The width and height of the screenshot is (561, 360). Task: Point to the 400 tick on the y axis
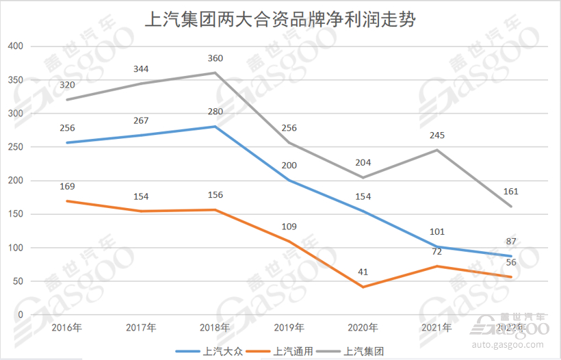coord(14,47)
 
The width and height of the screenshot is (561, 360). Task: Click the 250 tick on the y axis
coord(14,147)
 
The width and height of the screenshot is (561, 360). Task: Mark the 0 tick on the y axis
coord(20,315)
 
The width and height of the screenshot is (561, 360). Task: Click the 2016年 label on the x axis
coord(66,328)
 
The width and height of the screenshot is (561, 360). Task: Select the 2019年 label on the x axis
coord(289,328)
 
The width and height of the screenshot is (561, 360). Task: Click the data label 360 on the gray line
coord(216,58)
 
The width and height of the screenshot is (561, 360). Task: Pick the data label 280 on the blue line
coord(216,112)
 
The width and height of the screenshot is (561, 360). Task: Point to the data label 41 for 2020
coord(363,272)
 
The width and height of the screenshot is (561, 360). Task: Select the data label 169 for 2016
coord(66,186)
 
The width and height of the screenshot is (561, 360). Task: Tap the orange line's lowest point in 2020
coord(363,287)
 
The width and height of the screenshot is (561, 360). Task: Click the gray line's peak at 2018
coord(216,73)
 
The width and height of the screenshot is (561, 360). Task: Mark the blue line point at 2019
coord(289,181)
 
